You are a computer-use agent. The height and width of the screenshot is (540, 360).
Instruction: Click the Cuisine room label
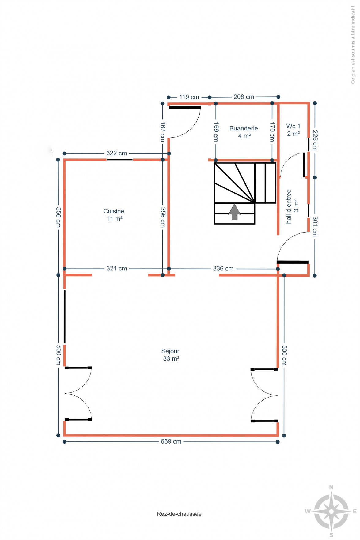[114, 215]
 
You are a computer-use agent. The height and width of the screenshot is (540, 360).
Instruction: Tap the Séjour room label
[170, 355]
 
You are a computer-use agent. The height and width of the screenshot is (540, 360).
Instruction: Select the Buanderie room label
[244, 132]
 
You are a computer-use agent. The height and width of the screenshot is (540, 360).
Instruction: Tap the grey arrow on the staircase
[234, 212]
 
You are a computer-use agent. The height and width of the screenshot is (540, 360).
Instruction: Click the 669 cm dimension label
[171, 441]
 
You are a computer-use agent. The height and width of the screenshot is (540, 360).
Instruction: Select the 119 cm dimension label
[189, 97]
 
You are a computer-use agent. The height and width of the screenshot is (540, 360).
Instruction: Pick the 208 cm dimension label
[244, 97]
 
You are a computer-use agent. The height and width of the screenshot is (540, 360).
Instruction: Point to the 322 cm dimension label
[116, 153]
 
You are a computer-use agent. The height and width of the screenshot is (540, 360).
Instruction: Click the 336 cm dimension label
[223, 269]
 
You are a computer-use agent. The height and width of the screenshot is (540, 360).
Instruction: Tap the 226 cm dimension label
[315, 140]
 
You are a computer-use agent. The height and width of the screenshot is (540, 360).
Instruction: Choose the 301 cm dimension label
[315, 226]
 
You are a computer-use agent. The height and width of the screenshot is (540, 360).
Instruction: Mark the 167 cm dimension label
[163, 132]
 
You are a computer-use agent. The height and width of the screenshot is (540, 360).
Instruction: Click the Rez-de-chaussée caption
[179, 514]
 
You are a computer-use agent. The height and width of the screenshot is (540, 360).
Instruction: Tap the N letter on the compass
[331, 488]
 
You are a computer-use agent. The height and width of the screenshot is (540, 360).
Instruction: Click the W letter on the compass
[308, 511]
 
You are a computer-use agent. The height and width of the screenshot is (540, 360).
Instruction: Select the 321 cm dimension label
[116, 269]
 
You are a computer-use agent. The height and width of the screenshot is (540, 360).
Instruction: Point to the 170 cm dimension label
[272, 132]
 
